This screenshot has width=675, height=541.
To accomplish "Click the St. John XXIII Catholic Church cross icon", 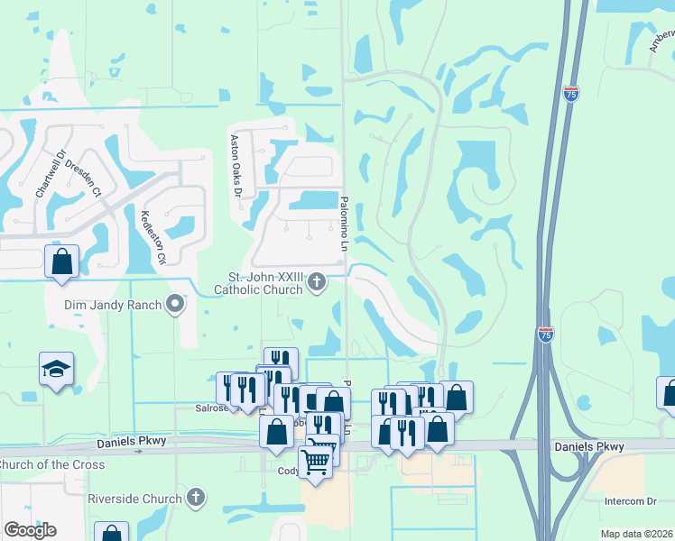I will point(317,282).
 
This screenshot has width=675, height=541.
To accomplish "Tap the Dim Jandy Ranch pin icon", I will point(175,305).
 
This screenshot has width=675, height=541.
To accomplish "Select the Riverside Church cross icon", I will point(196,498).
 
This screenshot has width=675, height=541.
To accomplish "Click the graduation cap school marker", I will point(56,369).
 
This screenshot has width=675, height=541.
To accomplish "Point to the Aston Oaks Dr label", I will point(236,166).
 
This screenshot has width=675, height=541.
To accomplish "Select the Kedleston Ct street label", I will point(152,237).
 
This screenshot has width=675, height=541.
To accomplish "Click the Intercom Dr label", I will point(630,501).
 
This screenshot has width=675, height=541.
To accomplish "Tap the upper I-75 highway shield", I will point(570,93).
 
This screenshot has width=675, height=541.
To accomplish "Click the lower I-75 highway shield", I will point(545,334).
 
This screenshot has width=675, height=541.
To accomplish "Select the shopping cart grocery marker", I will point(316,462).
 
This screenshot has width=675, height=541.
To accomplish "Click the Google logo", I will point(30,529).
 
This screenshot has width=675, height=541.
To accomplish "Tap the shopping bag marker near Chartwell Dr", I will point(61,261).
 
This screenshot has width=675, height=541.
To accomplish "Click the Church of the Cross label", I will point(51,465).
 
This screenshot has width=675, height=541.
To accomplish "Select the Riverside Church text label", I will point(135,498).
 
